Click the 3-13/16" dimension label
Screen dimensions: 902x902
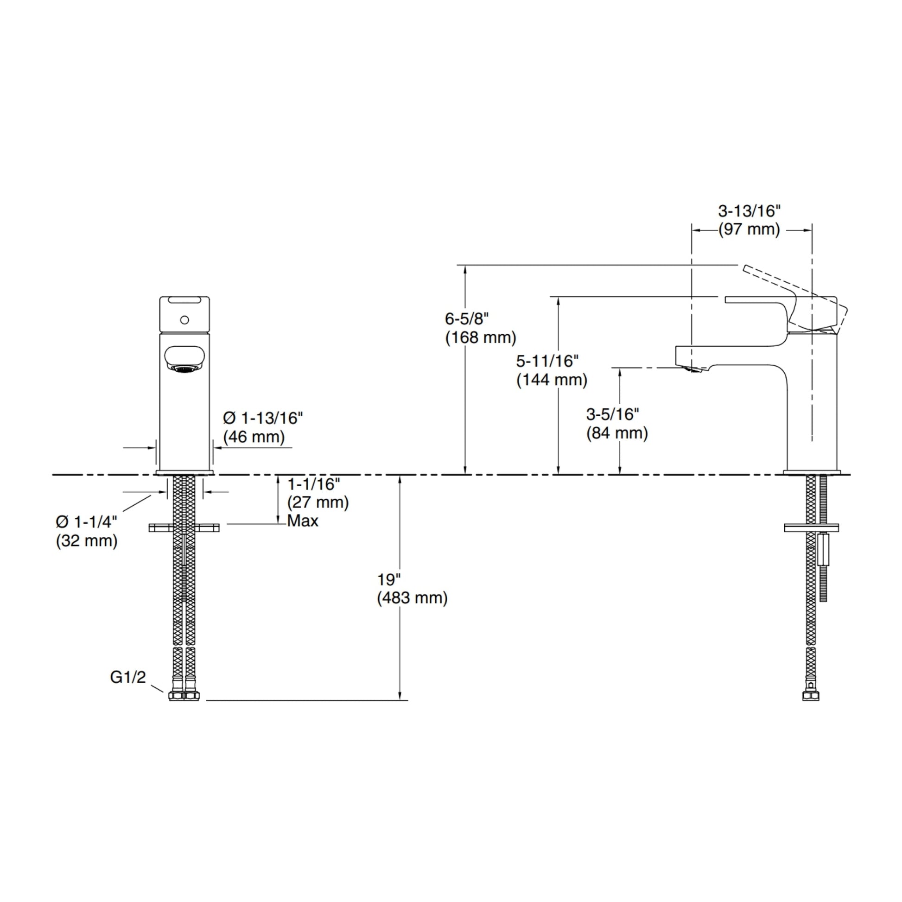click(x=749, y=211)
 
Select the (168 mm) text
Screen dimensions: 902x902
click(x=481, y=337)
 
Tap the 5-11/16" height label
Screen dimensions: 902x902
click(x=547, y=361)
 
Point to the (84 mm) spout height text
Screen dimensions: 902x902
click(x=617, y=433)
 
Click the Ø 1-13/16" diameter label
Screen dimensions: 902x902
click(x=263, y=418)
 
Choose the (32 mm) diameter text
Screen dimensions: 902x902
click(x=87, y=540)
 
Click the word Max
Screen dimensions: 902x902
click(x=303, y=521)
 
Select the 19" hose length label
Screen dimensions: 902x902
click(x=389, y=580)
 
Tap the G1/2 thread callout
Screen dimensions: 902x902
click(x=128, y=677)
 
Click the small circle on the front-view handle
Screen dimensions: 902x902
click(x=184, y=320)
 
